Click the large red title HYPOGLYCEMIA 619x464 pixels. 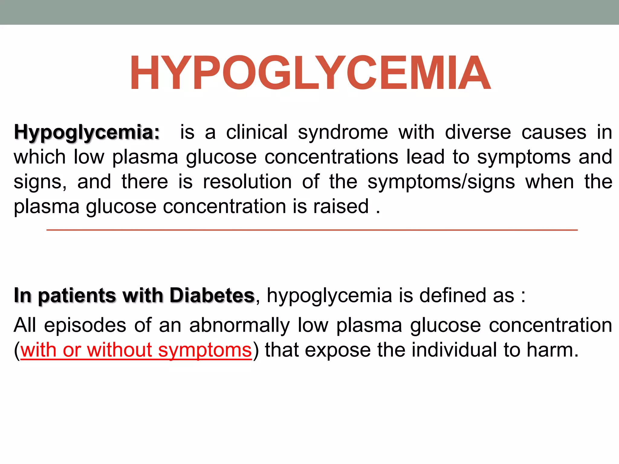click(x=310, y=73)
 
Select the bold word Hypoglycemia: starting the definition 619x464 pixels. click(x=87, y=133)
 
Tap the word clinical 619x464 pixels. click(x=257, y=132)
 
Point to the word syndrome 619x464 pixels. click(x=343, y=133)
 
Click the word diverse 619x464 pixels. click(x=478, y=132)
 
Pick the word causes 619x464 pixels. click(x=554, y=132)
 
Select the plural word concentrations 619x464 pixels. click(x=332, y=157)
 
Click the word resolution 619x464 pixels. click(x=247, y=182)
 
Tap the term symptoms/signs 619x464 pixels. click(x=441, y=182)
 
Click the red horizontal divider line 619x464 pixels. click(x=312, y=230)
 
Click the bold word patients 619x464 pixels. click(x=77, y=296)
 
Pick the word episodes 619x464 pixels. click(x=85, y=326)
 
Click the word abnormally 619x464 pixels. click(x=239, y=326)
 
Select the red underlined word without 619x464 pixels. click(x=119, y=350)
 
